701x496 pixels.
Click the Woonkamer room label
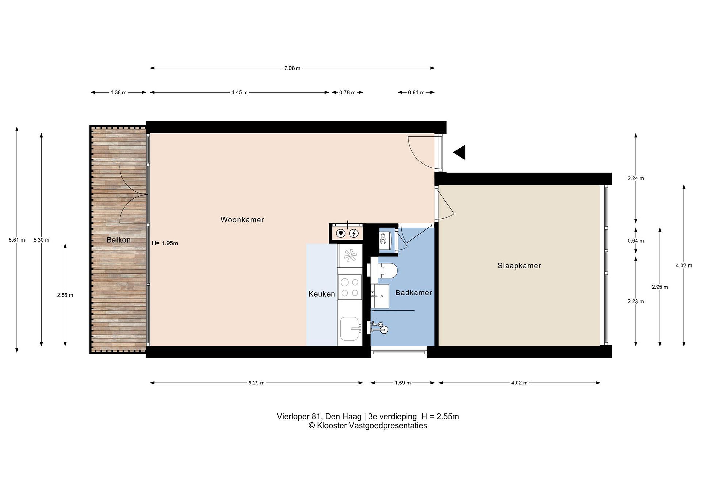coord(242,220)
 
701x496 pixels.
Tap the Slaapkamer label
coord(519,266)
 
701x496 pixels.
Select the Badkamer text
coord(414,293)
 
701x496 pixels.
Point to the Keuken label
coord(322,294)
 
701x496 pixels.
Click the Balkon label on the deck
coord(119,240)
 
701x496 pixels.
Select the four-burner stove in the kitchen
coord(350,287)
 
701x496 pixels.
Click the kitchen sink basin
coord(350,328)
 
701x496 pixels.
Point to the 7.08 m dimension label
coord(292,68)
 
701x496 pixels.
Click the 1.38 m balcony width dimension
coord(119,92)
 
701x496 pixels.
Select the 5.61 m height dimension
coord(17,240)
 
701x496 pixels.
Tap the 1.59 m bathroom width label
coord(403,383)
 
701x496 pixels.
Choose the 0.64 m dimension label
coord(636,241)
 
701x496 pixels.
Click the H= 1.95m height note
coord(165,243)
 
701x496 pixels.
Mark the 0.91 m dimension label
coord(416,92)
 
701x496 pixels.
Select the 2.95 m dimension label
coord(660,287)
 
